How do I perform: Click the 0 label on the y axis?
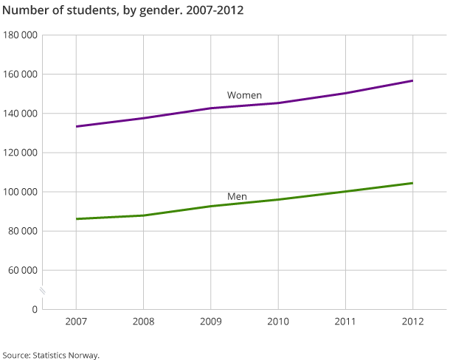tap(35, 309)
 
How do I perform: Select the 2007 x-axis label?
tap(76, 322)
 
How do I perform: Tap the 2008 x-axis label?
tap(143, 322)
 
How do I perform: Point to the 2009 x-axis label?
tap(211, 322)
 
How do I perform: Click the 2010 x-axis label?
tap(278, 322)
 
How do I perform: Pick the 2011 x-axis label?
tap(345, 322)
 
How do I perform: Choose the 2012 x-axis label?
tap(412, 322)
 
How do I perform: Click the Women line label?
tap(244, 95)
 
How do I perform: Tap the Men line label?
tap(237, 196)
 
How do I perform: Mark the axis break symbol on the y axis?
tap(43, 291)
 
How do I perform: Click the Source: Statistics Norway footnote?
tap(50, 355)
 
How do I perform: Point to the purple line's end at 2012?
tap(412, 80)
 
